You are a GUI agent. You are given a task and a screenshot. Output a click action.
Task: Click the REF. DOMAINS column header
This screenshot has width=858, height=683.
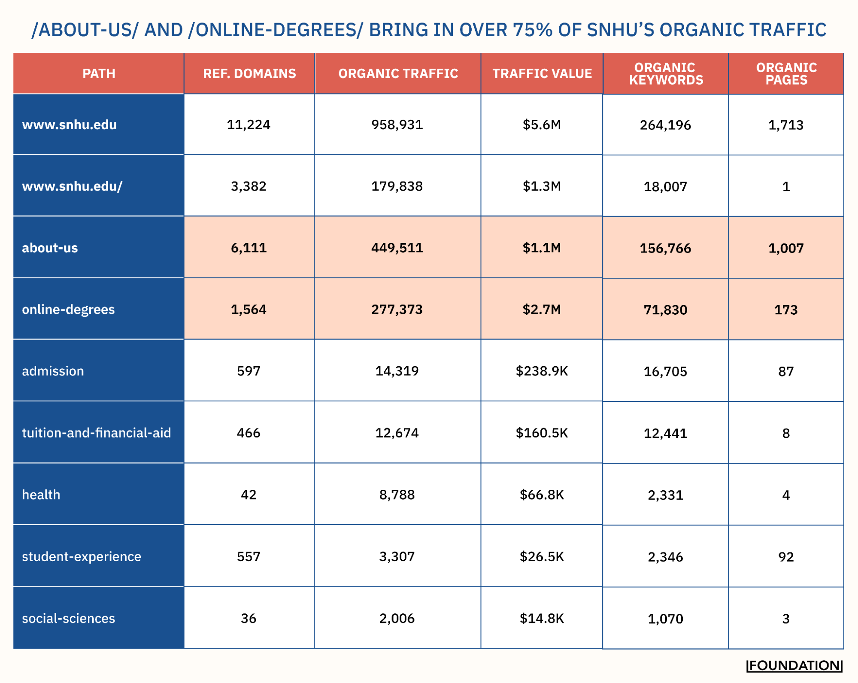(x=249, y=73)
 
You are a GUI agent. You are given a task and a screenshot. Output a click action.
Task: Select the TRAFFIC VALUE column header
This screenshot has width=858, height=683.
(x=542, y=73)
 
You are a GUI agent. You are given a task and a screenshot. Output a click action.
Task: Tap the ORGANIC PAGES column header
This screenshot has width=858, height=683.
(x=786, y=73)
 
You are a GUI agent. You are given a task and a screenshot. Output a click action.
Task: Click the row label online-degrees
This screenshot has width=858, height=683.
(x=68, y=310)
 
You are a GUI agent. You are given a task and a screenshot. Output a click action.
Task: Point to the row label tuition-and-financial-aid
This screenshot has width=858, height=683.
(x=96, y=433)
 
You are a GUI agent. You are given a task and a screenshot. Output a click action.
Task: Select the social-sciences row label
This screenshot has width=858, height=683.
(x=68, y=618)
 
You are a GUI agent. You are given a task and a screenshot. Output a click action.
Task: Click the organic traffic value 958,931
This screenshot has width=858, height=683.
(x=397, y=124)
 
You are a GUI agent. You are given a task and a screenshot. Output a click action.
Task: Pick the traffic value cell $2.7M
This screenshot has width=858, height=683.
(x=542, y=309)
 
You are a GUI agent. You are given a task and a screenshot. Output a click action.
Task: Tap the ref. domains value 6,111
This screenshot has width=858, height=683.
(x=249, y=248)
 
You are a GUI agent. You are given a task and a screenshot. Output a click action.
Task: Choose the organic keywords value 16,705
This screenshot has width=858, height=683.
(x=665, y=371)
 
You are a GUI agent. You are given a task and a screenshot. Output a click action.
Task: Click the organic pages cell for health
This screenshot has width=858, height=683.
(x=785, y=495)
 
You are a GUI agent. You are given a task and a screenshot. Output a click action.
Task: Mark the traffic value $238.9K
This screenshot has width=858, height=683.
(x=542, y=371)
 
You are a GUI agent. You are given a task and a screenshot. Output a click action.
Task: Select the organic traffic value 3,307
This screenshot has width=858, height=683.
(x=397, y=556)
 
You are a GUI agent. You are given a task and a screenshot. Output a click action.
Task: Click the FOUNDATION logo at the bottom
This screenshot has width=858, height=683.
(x=794, y=666)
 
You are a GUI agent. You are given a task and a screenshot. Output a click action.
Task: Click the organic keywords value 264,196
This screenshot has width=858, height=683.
(x=665, y=125)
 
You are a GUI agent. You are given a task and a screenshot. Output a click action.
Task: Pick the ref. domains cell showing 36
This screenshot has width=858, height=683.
(x=249, y=618)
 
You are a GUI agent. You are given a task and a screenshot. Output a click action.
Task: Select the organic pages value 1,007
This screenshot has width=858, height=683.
(x=785, y=248)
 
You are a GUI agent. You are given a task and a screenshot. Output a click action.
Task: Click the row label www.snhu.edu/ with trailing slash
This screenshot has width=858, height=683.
(x=72, y=186)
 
